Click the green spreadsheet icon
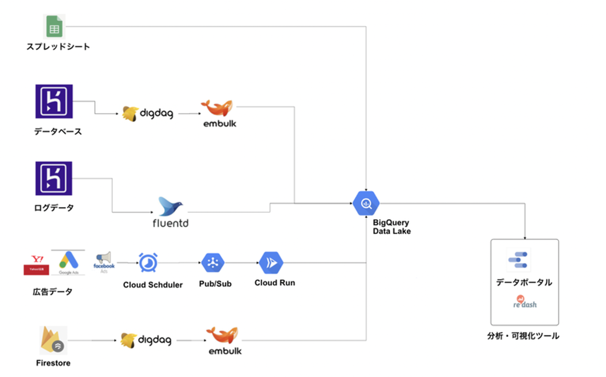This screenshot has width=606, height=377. tap(54, 27)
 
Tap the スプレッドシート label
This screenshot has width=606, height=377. tap(58, 47)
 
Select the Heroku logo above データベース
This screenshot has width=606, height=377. tap(54, 101)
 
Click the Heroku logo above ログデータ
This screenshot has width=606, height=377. tap(54, 178)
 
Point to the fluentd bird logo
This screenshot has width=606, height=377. tap(170, 206)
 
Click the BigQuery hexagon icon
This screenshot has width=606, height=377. tap(366, 204)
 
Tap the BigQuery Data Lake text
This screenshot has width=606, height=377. tap(391, 227)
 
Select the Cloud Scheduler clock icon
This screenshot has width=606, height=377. tap(148, 263)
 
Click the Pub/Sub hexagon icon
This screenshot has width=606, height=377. tap(213, 263)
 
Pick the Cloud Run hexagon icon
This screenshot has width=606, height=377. tap(271, 263)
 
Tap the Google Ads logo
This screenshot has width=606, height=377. tap(69, 262)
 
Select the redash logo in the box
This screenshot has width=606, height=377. tap(525, 302)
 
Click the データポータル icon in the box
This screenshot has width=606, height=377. tap(518, 260)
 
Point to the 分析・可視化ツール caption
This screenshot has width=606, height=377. tap(523, 336)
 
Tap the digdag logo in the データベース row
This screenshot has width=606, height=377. tap(148, 114)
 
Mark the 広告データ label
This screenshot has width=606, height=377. tap(53, 292)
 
